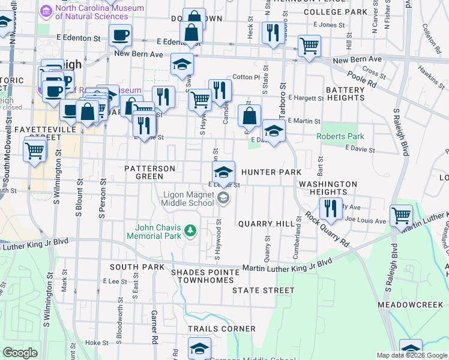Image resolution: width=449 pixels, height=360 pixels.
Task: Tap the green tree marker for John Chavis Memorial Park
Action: (x=190, y=230)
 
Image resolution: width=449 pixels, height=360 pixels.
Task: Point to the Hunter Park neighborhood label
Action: (x=271, y=172)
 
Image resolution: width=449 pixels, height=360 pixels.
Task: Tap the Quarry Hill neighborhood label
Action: (x=267, y=223)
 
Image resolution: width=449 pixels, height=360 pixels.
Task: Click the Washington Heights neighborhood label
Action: (x=328, y=188)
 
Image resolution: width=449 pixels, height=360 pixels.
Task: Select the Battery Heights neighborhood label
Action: (x=345, y=94)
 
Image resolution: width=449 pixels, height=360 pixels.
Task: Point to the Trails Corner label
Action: (x=217, y=329)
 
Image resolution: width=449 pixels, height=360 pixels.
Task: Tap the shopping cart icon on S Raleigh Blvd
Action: (x=401, y=214)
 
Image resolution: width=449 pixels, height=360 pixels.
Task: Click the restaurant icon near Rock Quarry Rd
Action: (x=331, y=208)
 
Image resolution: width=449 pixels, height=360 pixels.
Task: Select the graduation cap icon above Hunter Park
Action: (x=223, y=172)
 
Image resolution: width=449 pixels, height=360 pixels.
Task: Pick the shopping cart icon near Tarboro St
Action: (x=309, y=45)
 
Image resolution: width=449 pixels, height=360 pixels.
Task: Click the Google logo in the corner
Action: (x=20, y=353)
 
